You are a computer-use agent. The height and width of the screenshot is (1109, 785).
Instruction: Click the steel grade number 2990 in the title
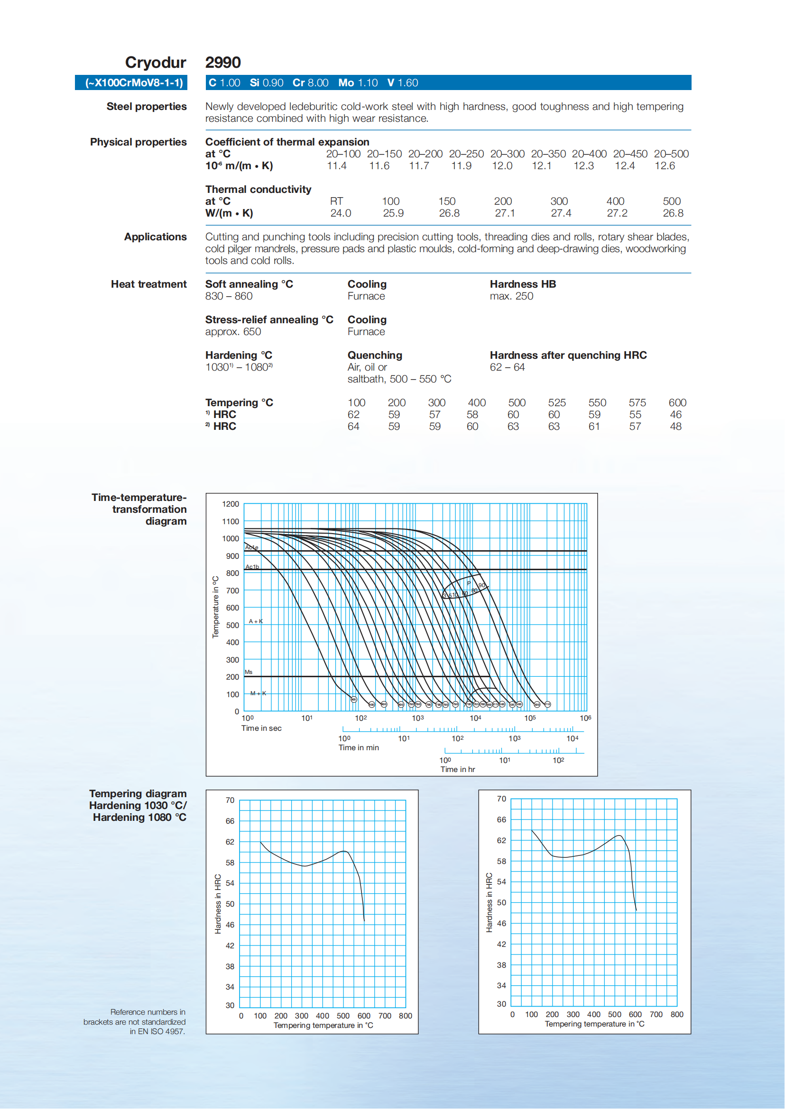223,63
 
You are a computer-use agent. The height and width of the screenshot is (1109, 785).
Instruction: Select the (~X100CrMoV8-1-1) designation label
134,82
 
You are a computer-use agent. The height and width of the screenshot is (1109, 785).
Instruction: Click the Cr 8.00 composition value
310,82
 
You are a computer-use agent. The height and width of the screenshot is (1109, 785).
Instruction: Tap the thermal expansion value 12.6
665,166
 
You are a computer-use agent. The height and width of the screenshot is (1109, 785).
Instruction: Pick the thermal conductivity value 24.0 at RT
340,213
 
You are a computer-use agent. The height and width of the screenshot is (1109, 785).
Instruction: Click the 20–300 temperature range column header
507,154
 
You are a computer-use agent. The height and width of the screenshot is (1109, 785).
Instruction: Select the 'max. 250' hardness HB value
511,296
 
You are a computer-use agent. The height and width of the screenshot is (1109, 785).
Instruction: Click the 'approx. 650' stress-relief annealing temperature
233,332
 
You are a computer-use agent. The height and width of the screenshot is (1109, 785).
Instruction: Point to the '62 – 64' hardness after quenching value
507,367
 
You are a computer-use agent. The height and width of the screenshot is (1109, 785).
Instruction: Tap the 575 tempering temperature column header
637,402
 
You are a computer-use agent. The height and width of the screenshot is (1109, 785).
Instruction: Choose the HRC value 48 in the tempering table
675,427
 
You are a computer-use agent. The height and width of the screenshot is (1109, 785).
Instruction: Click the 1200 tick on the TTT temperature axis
231,504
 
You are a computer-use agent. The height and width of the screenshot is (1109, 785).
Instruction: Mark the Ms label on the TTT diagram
249,672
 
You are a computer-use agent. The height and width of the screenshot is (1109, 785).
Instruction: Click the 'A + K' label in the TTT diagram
256,621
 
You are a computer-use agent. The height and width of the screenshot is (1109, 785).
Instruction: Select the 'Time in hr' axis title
457,770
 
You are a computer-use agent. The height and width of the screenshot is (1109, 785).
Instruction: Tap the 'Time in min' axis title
358,747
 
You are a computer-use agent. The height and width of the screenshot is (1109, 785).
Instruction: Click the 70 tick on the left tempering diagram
230,800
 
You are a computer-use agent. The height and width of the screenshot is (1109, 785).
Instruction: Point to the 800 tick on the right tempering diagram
676,1014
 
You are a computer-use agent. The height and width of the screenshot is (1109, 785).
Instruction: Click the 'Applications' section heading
155,236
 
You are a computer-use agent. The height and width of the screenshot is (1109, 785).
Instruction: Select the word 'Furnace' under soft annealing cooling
366,296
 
